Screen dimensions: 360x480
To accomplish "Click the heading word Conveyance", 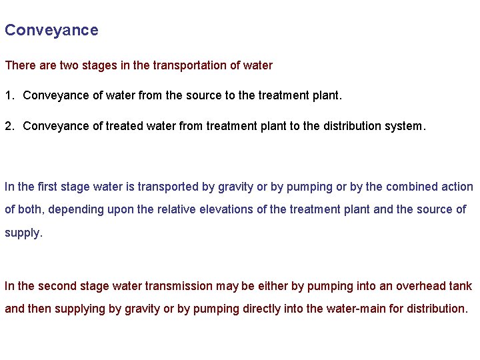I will click(51, 31).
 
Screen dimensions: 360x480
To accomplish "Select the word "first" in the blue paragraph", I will click(48, 187).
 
